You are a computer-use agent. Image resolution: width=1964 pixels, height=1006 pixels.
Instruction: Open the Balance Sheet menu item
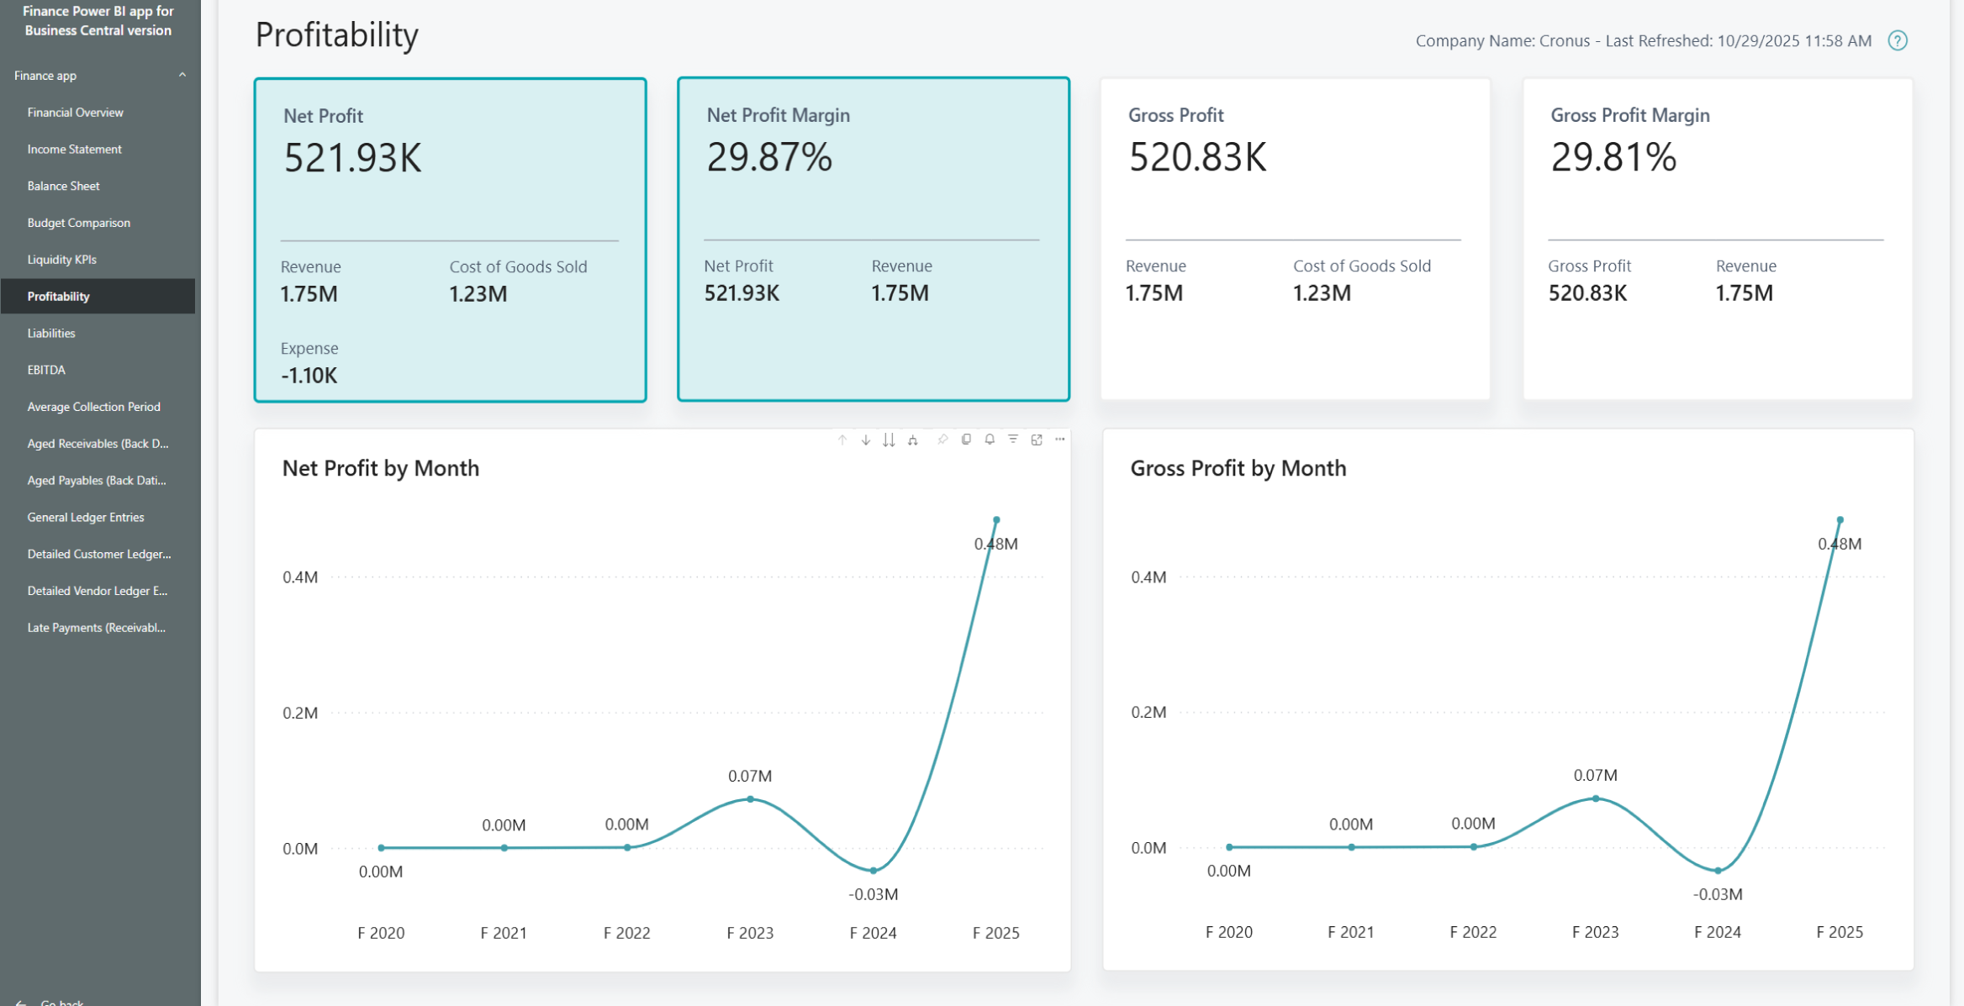click(63, 186)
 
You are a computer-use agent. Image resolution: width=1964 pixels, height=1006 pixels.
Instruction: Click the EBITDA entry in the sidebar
click(46, 370)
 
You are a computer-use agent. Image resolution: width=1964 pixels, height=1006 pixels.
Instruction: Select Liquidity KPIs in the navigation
click(61, 260)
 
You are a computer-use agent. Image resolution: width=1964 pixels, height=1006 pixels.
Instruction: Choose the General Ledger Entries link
click(85, 517)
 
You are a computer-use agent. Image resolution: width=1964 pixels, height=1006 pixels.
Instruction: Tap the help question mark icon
click(1898, 40)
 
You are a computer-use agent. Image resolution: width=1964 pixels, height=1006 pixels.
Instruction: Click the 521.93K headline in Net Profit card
click(352, 158)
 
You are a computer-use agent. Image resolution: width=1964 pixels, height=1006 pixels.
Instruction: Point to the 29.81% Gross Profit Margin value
click(1613, 157)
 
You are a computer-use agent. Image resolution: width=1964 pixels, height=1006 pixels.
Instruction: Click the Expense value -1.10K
click(309, 376)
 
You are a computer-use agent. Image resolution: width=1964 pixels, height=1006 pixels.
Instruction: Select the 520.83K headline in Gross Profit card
click(1196, 157)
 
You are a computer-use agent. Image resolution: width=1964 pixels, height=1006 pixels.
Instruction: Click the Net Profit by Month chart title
click(380, 468)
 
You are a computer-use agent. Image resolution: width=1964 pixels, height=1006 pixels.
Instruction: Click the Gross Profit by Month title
click(1238, 468)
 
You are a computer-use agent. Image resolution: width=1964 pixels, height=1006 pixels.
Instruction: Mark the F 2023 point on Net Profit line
click(750, 799)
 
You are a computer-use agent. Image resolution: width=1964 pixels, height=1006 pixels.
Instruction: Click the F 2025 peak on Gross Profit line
click(1840, 520)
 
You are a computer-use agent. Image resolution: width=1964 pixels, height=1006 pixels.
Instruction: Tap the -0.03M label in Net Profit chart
click(873, 894)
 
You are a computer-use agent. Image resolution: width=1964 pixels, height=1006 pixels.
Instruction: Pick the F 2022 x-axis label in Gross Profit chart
click(1472, 932)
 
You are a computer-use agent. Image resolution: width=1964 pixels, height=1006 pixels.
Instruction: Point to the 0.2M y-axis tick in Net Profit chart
click(300, 713)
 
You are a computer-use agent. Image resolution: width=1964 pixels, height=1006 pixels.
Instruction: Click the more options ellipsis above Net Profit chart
click(1059, 440)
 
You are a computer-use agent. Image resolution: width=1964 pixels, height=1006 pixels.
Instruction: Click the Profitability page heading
click(336, 35)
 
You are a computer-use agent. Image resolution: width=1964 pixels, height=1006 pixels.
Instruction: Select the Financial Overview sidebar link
click(75, 113)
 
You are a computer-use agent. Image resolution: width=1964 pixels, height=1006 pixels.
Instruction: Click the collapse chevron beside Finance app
click(182, 75)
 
